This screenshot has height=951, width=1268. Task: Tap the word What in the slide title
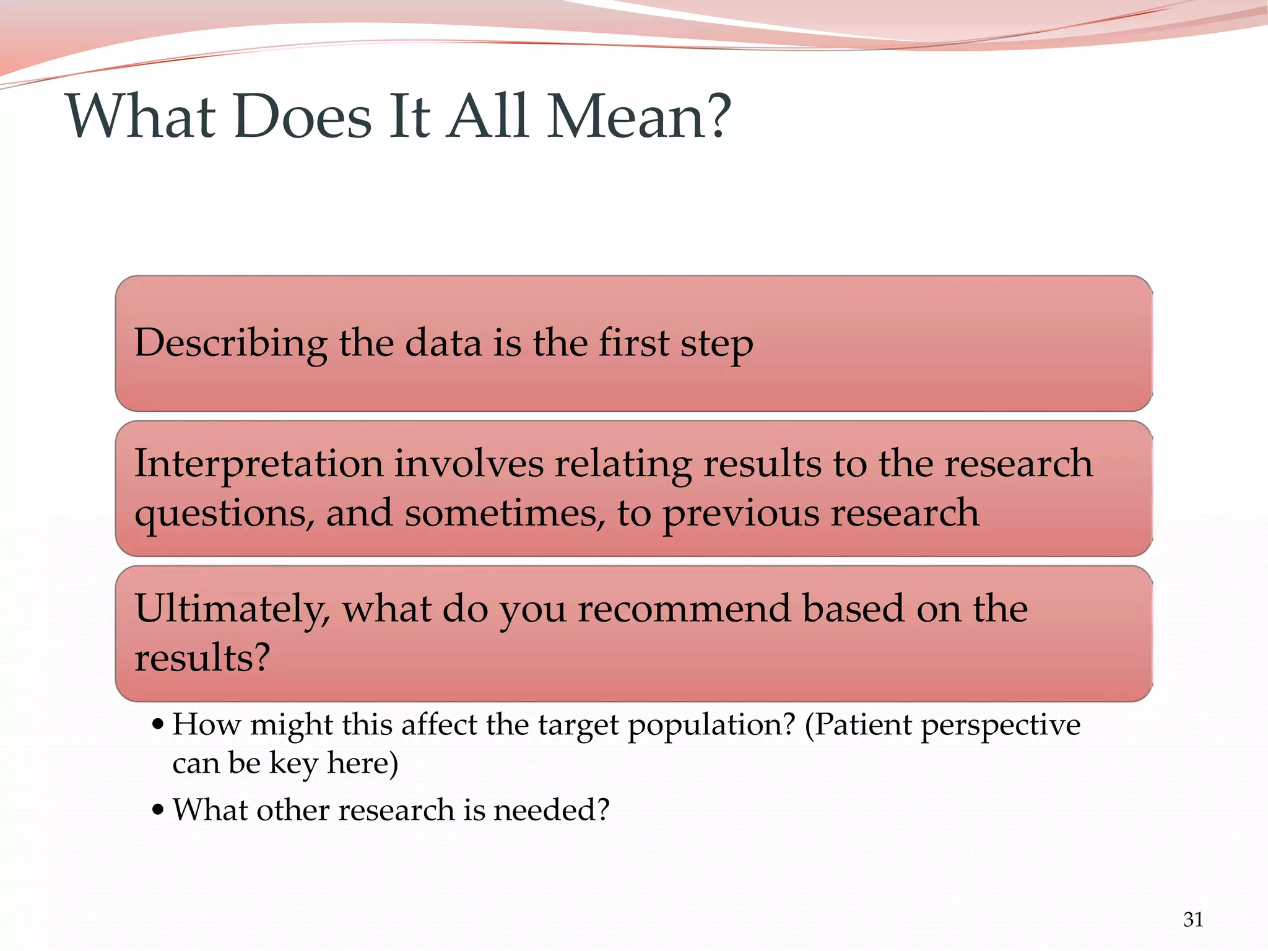(141, 116)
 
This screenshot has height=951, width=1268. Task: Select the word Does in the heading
(303, 116)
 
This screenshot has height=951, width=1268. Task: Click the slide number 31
(1192, 920)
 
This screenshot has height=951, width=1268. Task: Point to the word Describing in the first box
(230, 344)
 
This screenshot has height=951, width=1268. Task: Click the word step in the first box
(716, 344)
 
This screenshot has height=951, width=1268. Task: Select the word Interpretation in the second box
(259, 464)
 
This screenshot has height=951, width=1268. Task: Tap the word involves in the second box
(469, 463)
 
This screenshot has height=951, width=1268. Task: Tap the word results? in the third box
(202, 658)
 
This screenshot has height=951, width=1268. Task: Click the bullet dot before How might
(158, 724)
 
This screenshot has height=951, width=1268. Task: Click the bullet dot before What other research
(158, 810)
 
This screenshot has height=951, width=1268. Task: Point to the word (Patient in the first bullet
(858, 724)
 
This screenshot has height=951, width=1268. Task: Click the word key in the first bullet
(293, 763)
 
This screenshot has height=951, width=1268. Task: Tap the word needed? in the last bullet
(551, 810)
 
